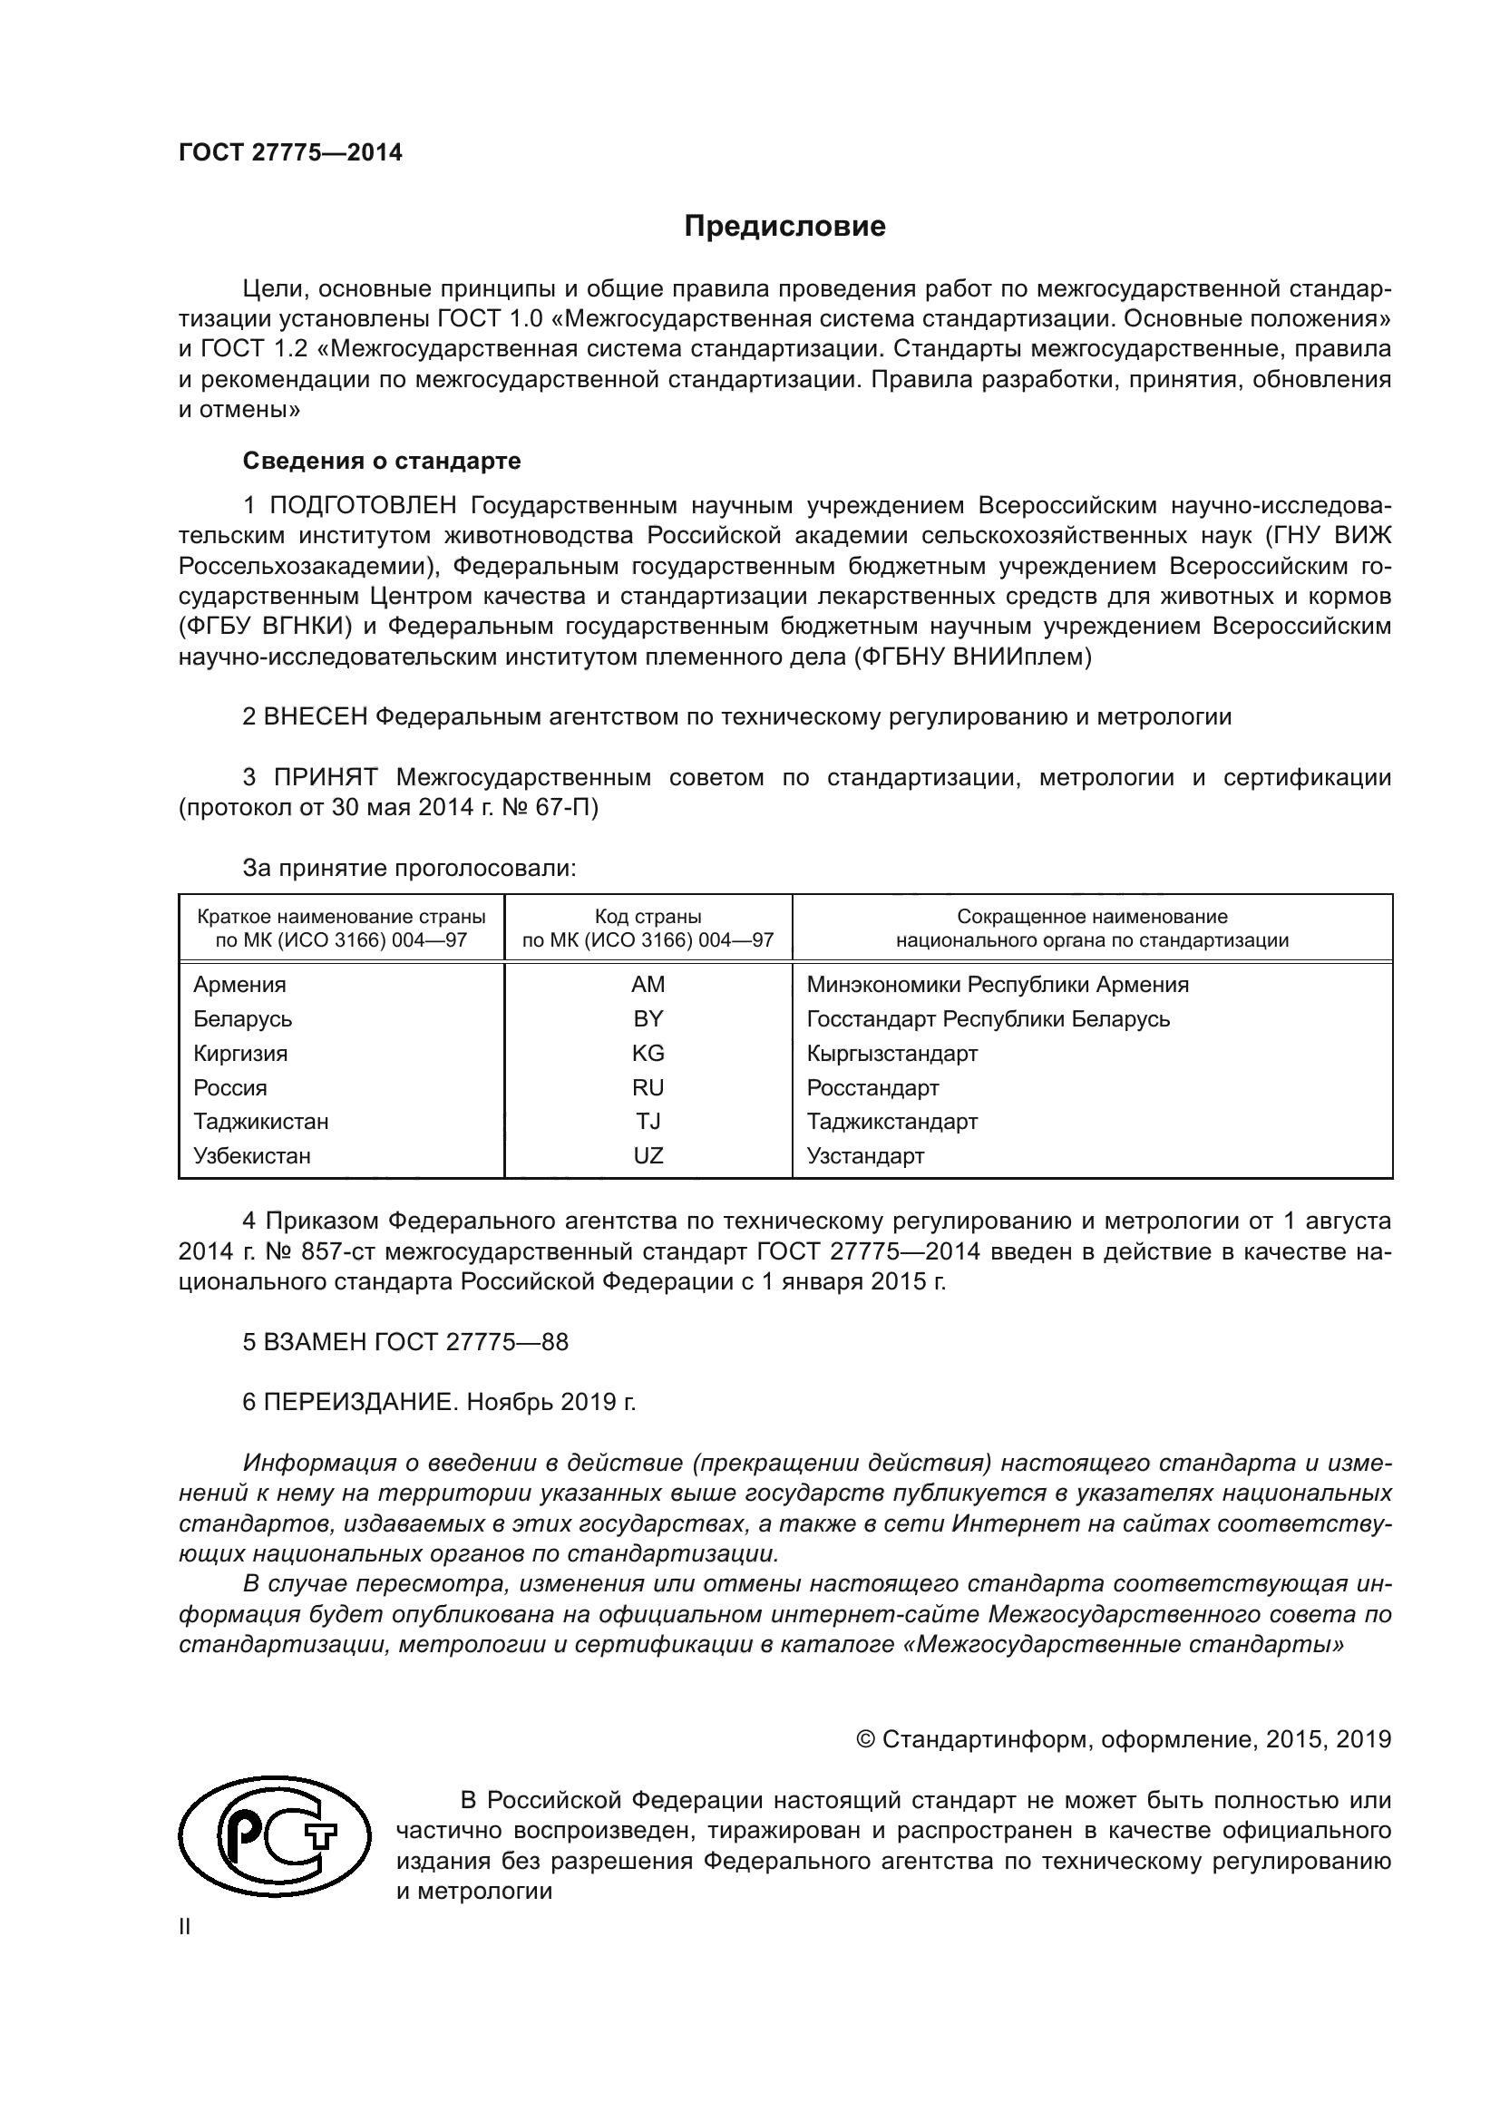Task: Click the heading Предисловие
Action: click(784, 227)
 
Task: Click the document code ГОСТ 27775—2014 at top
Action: click(290, 153)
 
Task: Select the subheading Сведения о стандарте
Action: click(382, 460)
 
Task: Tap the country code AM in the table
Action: click(648, 984)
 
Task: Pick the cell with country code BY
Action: click(648, 1018)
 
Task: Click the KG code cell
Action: click(648, 1053)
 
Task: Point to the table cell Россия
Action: click(230, 1087)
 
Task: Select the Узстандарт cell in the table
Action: click(864, 1155)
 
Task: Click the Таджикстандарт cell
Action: click(891, 1122)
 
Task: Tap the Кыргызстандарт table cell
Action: click(891, 1053)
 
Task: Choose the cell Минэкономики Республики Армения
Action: click(997, 984)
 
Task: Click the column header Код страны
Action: click(648, 918)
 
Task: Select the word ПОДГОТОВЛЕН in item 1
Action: click(363, 505)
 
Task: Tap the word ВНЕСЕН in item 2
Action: click(315, 717)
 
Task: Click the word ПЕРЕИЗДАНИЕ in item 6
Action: click(360, 1402)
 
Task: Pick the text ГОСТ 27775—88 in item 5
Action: click(471, 1342)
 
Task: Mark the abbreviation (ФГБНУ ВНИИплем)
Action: click(972, 657)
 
